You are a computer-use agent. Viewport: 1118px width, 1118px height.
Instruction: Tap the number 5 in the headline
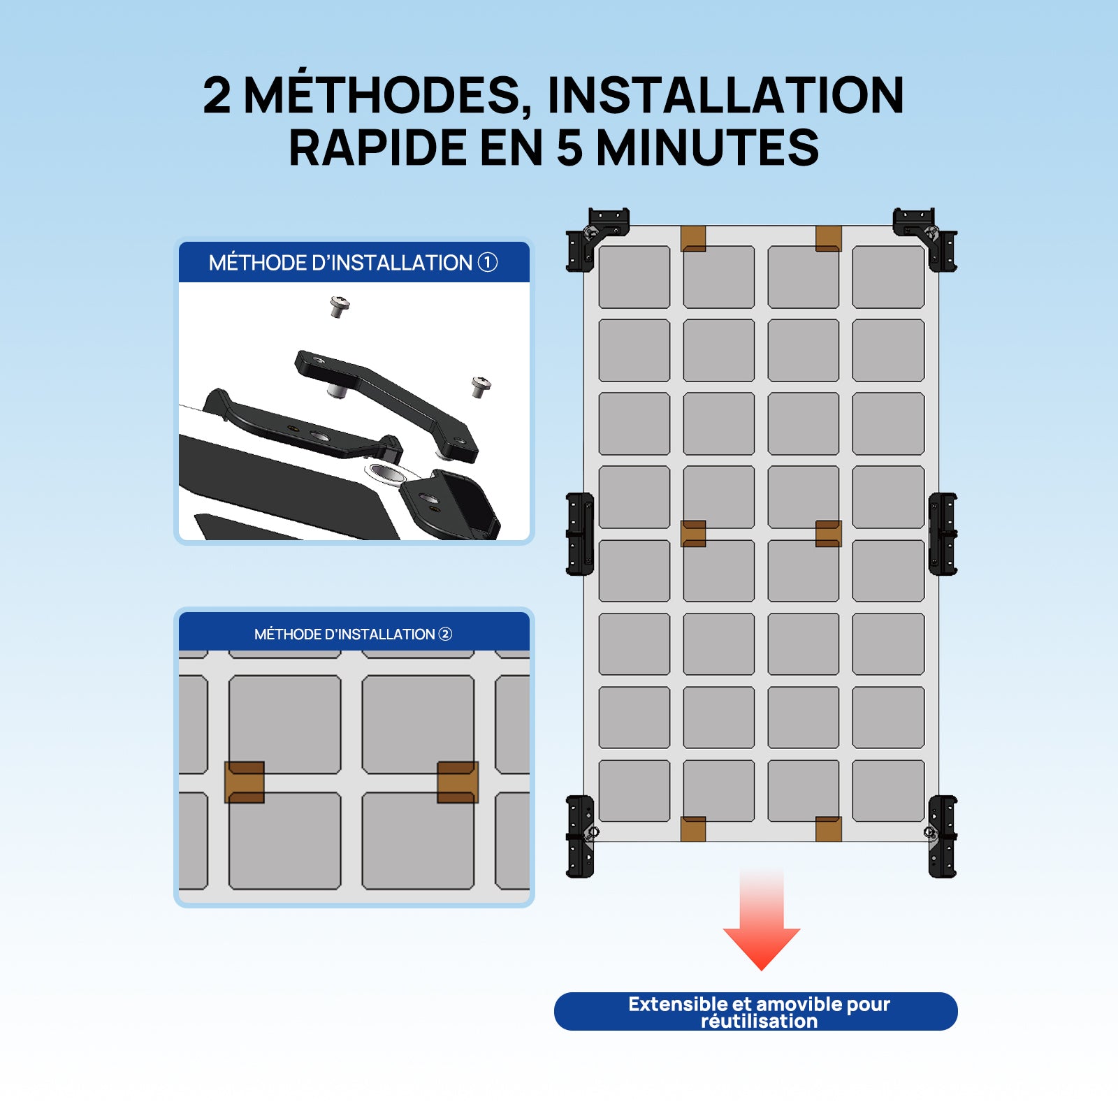point(569,148)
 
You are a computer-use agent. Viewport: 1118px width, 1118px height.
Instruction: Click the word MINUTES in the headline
point(706,148)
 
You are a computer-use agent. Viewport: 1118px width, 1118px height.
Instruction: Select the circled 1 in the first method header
point(487,262)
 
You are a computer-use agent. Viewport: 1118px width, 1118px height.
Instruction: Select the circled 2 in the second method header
point(445,634)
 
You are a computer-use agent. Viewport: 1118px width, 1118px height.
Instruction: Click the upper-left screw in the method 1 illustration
point(340,305)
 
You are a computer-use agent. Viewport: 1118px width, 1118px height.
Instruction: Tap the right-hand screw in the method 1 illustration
point(481,386)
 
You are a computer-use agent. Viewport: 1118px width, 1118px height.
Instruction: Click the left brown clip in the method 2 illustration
point(245,782)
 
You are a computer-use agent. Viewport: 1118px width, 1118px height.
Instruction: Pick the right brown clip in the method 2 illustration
point(458,782)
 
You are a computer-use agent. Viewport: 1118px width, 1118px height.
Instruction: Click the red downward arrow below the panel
point(762,929)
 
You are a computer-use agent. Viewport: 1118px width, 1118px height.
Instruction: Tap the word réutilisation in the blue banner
point(759,1022)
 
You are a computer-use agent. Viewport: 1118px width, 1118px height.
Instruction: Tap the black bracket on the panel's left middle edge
point(580,535)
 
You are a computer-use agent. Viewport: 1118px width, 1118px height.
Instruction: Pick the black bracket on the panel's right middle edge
point(942,535)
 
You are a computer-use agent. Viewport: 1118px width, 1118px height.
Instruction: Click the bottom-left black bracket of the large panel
point(580,836)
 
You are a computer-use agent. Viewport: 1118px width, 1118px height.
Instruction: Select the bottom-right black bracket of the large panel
point(942,836)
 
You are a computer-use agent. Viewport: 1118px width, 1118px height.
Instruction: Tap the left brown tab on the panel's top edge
point(693,238)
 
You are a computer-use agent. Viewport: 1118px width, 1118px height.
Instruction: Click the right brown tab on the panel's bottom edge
point(828,829)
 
